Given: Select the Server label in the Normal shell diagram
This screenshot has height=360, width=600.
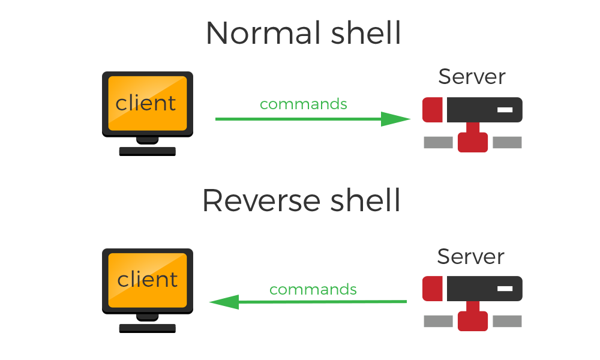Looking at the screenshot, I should [472, 77].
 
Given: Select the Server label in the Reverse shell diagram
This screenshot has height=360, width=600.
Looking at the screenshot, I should [470, 257].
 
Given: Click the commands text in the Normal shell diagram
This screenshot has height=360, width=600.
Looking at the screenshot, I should [303, 104].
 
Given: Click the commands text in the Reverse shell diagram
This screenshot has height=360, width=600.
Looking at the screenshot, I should [313, 289].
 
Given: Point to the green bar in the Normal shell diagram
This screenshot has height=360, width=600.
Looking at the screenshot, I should [313, 119].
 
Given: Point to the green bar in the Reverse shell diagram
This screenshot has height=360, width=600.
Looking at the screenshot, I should [308, 302].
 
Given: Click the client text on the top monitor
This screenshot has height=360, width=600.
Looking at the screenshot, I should [146, 103].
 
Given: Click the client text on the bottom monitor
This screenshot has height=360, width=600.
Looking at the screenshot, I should [147, 280].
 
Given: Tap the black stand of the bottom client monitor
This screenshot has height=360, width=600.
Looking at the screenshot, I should [147, 323].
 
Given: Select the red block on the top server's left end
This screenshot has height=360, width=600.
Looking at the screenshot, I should [433, 110].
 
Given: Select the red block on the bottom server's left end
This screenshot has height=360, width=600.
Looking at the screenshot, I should [433, 289].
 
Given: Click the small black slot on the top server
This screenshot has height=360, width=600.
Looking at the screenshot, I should [505, 110].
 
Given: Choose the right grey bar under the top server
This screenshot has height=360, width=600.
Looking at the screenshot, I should [507, 142].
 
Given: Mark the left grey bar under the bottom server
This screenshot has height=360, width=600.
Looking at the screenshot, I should [438, 322].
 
